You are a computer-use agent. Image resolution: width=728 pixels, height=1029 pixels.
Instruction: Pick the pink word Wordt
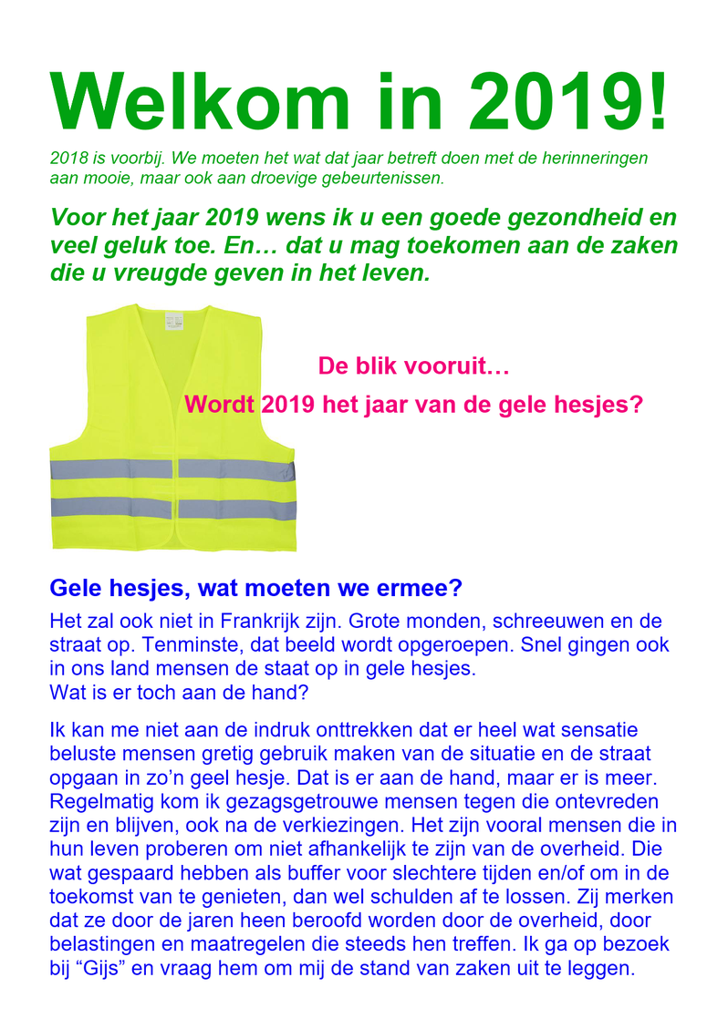[219, 405]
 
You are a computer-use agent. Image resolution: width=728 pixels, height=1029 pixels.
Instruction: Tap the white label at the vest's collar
[172, 321]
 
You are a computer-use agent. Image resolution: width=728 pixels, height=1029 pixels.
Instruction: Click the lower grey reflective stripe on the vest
[173, 508]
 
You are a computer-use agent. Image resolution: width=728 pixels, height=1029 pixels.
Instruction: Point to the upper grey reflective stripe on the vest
[173, 469]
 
